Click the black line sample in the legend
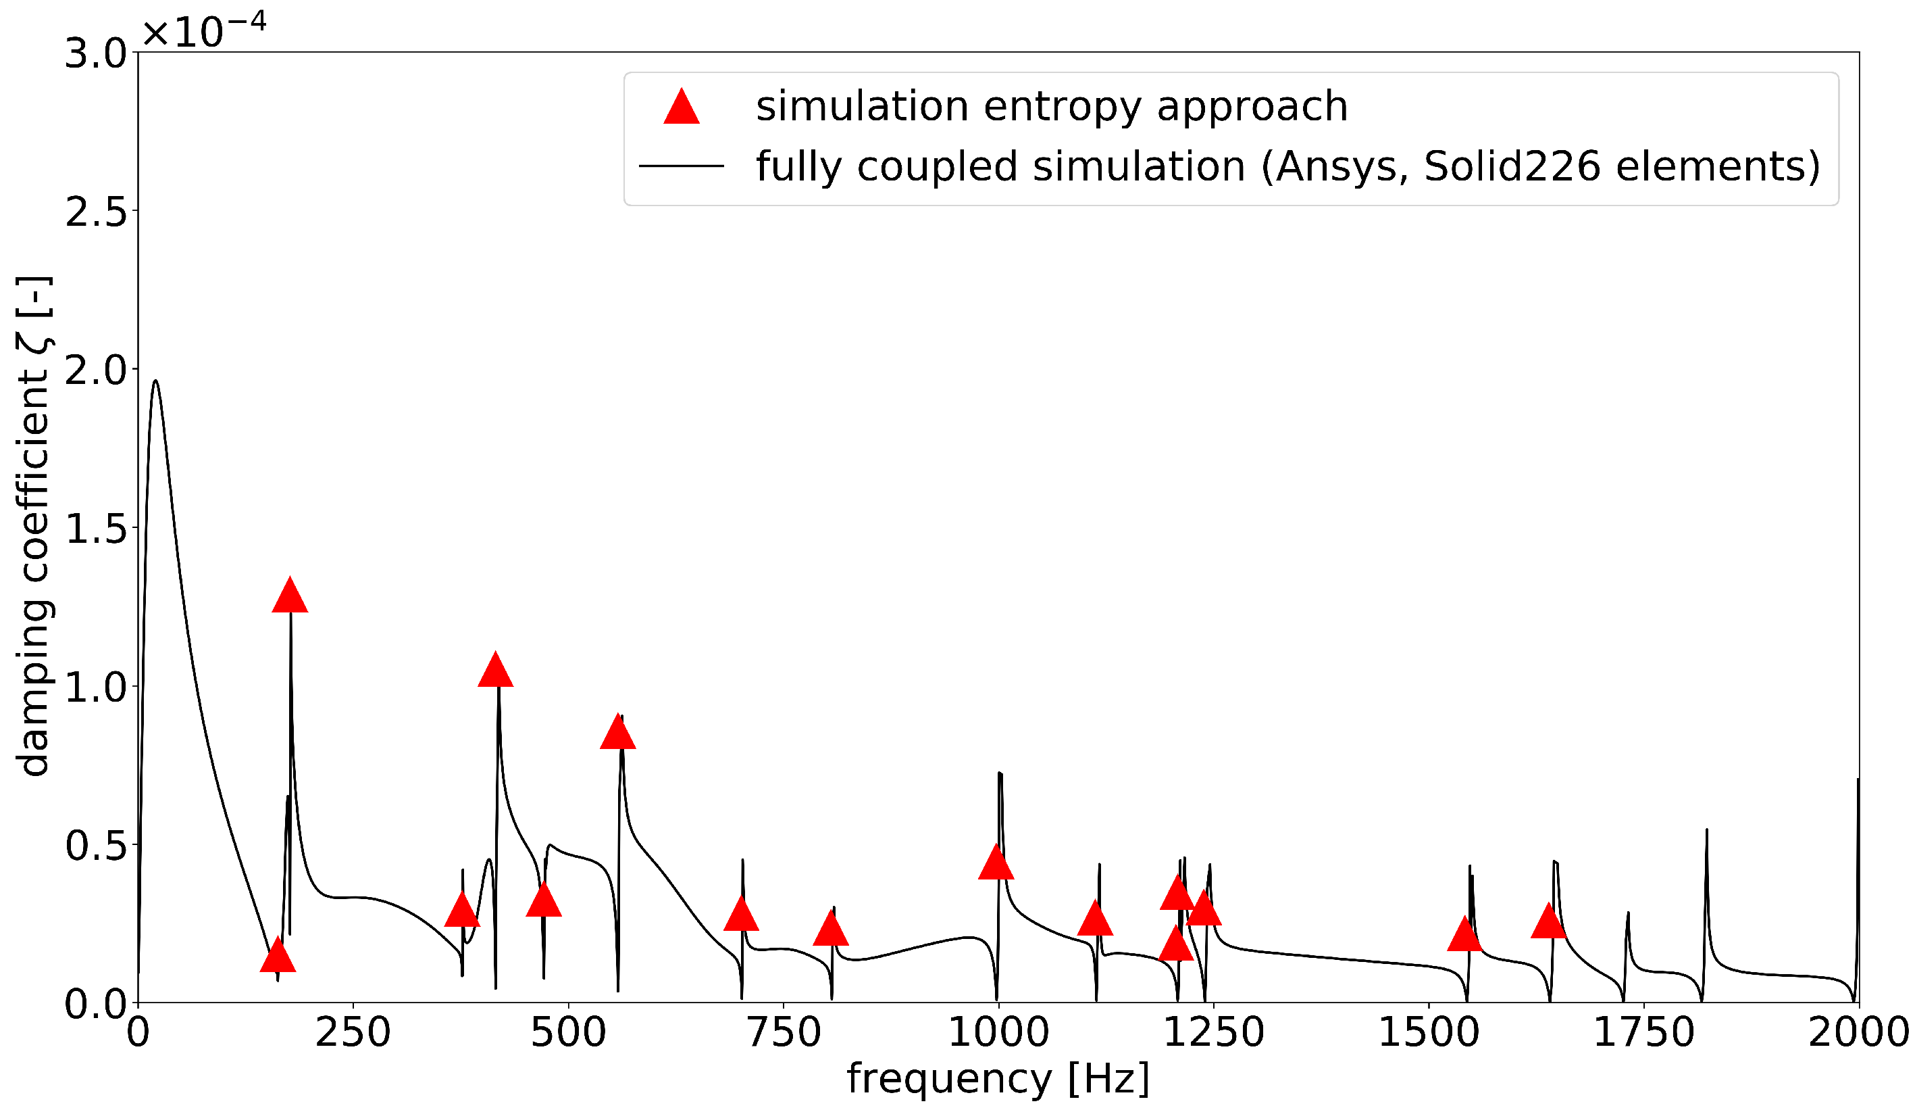click(681, 166)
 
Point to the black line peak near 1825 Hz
click(1707, 831)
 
